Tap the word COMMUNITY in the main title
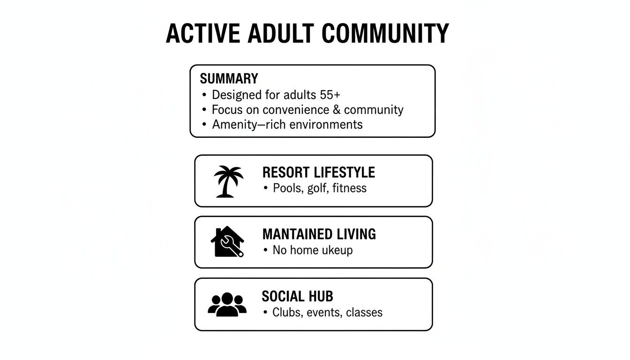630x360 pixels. (386, 33)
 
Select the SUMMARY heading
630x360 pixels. (229, 78)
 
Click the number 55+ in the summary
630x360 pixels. (330, 95)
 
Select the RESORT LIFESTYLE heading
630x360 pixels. (318, 172)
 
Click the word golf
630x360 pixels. (316, 188)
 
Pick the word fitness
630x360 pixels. (349, 188)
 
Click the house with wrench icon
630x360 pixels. (227, 242)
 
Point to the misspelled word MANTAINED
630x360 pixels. (298, 234)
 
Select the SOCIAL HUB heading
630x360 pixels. (297, 296)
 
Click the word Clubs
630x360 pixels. (287, 312)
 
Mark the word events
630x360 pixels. (324, 312)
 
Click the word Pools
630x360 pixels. (288, 188)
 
